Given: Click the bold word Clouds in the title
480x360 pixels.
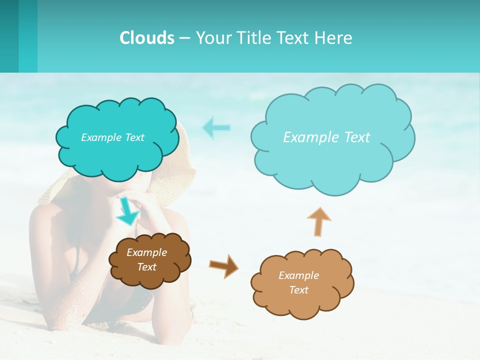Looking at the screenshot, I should click(x=147, y=38).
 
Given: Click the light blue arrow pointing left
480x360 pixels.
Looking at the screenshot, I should click(x=216, y=127).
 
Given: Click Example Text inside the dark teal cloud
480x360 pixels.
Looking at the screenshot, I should click(x=112, y=137).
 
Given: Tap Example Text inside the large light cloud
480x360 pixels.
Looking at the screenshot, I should click(x=326, y=137).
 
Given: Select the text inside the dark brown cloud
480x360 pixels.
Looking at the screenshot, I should click(x=146, y=260).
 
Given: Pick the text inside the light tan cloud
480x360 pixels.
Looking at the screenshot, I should click(x=298, y=282).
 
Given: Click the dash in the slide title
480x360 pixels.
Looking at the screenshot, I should click(x=184, y=38).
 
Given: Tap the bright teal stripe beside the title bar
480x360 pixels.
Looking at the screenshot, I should click(x=28, y=36).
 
